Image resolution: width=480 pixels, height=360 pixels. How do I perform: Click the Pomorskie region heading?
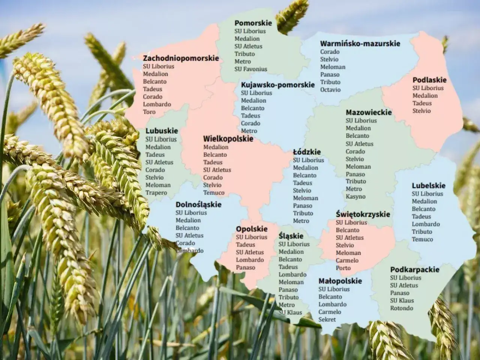tap(253, 23)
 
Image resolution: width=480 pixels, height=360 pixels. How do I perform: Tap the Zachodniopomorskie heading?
tap(181, 58)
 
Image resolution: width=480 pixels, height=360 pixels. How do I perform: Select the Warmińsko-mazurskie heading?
tap(360, 43)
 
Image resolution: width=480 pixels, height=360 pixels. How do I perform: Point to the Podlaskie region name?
tap(429, 80)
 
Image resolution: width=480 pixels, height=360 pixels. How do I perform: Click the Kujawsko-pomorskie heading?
tap(277, 85)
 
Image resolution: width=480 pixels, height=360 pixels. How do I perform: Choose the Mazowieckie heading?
tap(369, 112)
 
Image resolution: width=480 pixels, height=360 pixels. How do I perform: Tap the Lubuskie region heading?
tap(162, 131)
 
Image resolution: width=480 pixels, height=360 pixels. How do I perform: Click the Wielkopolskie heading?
tap(228, 139)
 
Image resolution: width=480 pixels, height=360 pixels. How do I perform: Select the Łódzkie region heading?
tap(307, 152)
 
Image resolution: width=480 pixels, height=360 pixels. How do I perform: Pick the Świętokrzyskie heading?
tap(363, 214)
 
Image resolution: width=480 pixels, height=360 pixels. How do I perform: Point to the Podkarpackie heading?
tap(414, 270)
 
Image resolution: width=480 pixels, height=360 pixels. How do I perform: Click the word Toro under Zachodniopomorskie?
tap(149, 112)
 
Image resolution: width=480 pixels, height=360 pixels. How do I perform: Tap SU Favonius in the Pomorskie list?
tap(251, 69)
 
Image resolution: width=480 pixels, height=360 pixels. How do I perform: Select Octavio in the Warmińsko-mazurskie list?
tap(330, 90)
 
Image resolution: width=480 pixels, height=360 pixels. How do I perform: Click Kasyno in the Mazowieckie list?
tap(355, 196)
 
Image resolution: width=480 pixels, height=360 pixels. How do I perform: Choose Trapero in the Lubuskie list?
tap(156, 193)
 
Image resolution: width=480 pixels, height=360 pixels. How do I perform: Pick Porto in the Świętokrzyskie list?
tap(343, 268)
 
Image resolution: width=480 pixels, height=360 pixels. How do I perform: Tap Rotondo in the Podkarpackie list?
tap(401, 308)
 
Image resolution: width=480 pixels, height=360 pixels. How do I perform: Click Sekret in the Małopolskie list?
tap(327, 319)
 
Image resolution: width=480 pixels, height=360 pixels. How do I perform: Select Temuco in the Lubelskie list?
tap(422, 239)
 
